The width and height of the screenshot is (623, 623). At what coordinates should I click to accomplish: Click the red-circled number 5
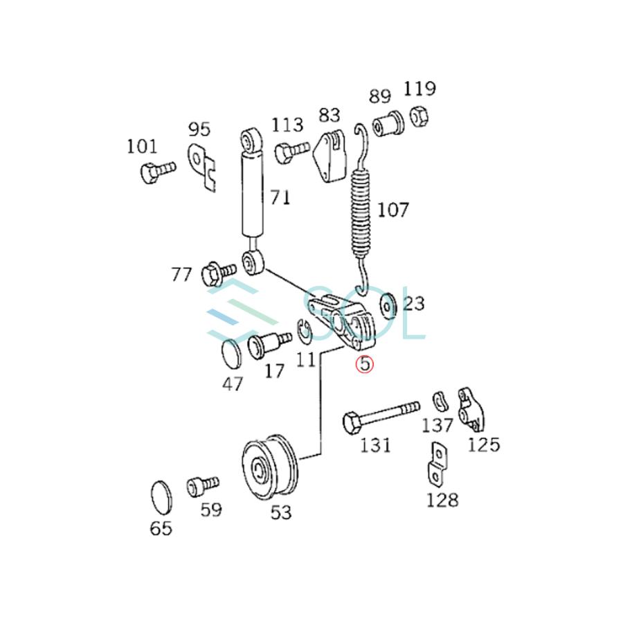(365, 363)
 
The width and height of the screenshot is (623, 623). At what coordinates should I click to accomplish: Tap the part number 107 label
(392, 210)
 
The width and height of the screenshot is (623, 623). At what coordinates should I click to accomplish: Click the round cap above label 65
(162, 498)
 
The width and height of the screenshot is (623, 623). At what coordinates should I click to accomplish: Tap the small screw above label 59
(202, 487)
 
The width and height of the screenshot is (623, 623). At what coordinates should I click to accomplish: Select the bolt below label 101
(158, 172)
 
